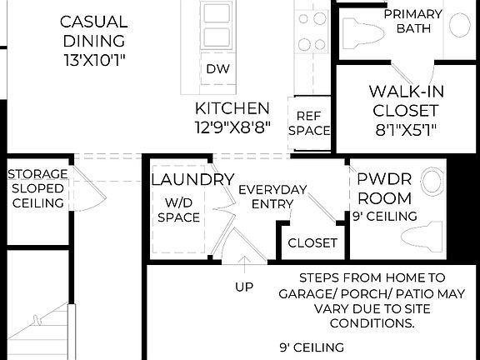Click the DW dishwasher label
tap(217, 69)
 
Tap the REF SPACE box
tap(309, 123)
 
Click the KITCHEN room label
tap(232, 108)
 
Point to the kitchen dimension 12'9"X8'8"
tap(232, 127)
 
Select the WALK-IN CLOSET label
tap(405, 100)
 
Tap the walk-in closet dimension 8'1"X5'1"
tap(405, 129)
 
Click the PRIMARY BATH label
tap(412, 21)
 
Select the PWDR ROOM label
tap(384, 188)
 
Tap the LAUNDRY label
tap(192, 179)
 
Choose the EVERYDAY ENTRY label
tap(272, 197)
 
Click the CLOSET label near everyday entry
tap(312, 243)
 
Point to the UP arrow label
tap(243, 287)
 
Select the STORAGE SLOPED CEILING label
tap(37, 188)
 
